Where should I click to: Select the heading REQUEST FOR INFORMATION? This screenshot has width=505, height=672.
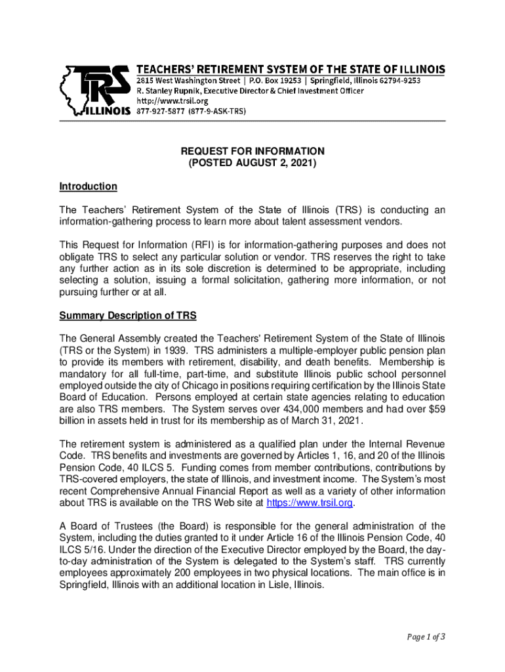pyautogui.click(x=253, y=151)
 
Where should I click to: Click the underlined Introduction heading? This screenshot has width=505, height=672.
pyautogui.click(x=88, y=186)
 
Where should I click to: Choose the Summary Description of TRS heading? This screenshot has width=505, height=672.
pyautogui.click(x=128, y=315)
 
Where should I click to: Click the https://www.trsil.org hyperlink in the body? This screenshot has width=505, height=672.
pyautogui.click(x=310, y=503)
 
